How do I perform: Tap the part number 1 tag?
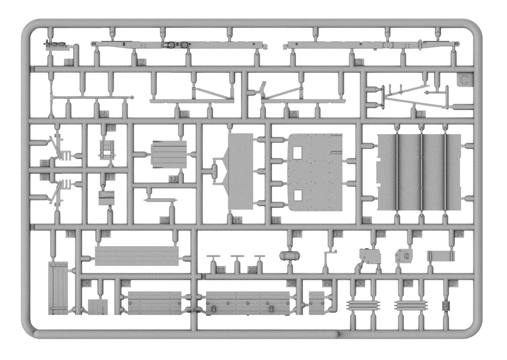click(x=68, y=63)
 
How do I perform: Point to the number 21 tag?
click(x=297, y=234)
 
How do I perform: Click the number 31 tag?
click(x=453, y=283)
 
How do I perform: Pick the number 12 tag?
click(x=173, y=179)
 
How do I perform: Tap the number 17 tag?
click(x=70, y=234)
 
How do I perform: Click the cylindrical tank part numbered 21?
click(x=290, y=256)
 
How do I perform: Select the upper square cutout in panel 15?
click(x=297, y=153)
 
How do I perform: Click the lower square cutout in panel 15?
click(x=297, y=195)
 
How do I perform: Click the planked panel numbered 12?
click(x=169, y=154)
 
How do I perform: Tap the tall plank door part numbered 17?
click(x=58, y=288)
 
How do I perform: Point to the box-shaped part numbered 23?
click(x=371, y=257)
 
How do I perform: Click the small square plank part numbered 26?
click(x=98, y=307)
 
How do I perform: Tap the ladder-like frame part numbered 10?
click(x=107, y=149)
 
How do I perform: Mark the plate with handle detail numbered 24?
click(x=404, y=256)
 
